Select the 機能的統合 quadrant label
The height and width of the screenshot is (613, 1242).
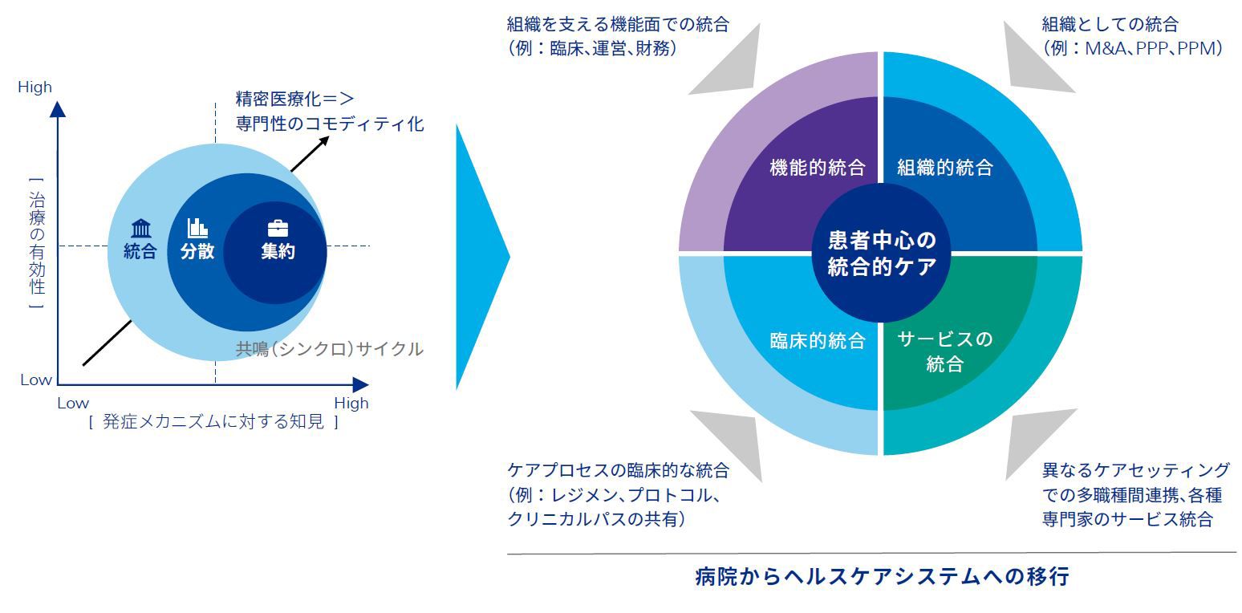coord(817,168)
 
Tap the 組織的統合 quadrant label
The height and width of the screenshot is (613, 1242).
coord(945,168)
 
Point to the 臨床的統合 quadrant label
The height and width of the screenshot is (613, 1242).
coord(817,340)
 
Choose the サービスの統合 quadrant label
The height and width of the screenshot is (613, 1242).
coord(945,351)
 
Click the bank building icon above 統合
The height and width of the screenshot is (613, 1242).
coord(140,229)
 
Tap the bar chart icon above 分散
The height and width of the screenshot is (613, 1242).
coord(197,228)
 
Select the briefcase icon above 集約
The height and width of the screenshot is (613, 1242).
coord(278,228)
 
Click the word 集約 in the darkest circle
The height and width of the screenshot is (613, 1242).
coord(278,251)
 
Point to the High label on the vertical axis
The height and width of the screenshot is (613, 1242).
coord(34,87)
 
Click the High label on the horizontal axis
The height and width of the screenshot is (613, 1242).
coord(351,403)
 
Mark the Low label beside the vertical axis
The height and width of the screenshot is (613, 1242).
coord(35,380)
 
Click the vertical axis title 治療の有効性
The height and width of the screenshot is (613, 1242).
coord(36,242)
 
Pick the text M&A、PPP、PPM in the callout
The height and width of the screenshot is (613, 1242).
coord(1153,48)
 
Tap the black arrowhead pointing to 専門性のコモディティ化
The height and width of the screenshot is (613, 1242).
coord(324,140)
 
